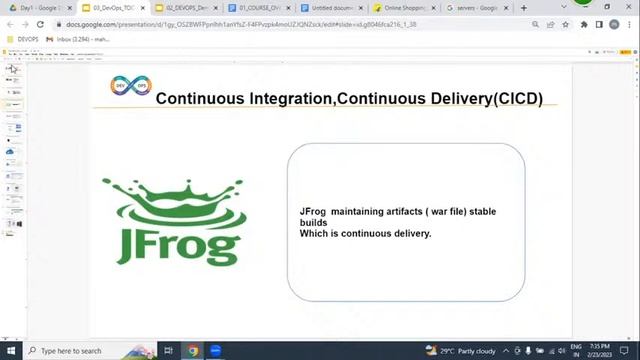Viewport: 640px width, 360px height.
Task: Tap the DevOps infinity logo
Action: tap(128, 86)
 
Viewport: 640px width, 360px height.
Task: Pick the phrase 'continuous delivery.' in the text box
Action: tap(386, 234)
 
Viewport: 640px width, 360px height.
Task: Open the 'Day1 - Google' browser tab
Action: tap(38, 8)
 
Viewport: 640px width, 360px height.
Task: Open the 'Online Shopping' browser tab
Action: tap(405, 8)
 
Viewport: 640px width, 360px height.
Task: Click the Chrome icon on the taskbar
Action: tap(193, 351)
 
